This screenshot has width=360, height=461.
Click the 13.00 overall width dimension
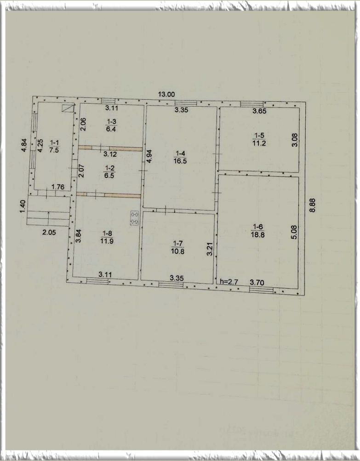[x=166, y=94]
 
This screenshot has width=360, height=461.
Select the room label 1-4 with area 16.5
[x=180, y=157]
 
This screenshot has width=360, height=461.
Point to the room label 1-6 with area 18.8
[x=257, y=231]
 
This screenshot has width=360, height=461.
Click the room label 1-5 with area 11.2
[x=259, y=139]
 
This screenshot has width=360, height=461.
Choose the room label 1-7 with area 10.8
[x=178, y=247]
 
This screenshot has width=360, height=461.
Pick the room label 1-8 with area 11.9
[x=107, y=237]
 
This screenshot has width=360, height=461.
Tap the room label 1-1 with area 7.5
[x=54, y=147]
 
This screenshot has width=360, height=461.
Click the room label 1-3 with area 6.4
[x=111, y=125]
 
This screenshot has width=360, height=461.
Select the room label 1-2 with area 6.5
[x=109, y=172]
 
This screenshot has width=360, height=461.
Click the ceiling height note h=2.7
[x=229, y=282]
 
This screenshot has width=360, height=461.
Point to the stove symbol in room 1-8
[x=134, y=218]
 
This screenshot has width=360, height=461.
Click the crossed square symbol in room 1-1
[x=68, y=108]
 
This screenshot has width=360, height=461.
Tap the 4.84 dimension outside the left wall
[x=24, y=145]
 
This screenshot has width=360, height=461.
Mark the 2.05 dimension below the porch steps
[x=49, y=232]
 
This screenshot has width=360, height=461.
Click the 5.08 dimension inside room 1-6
[x=294, y=232]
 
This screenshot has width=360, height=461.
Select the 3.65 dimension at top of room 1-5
[x=260, y=111]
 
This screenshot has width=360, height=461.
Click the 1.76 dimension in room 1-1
[x=57, y=187]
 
